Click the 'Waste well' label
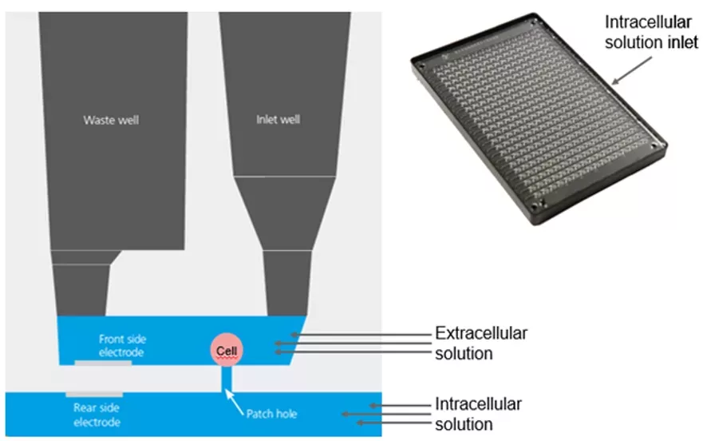coord(117,121)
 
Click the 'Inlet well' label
coord(278,121)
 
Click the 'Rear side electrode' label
coord(97,414)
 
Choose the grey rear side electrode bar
coord(94,394)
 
